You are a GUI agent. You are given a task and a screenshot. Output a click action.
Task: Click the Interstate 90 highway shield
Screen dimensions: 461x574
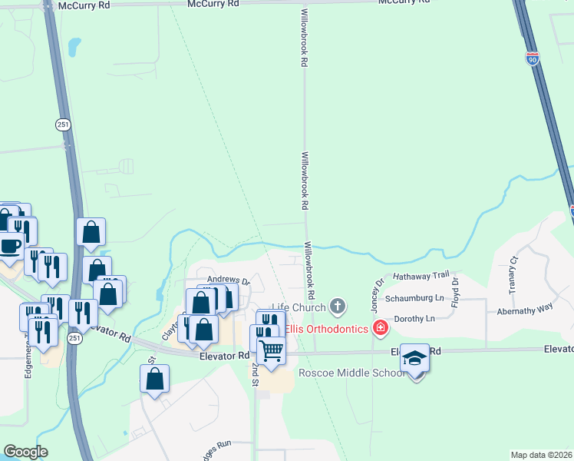[533, 58]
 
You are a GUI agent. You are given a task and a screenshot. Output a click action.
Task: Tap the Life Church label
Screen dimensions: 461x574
[299, 307]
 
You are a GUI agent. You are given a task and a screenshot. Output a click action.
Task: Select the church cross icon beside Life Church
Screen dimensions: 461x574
[337, 307]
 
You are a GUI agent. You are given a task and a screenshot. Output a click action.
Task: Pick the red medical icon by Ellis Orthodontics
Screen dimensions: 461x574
[379, 329]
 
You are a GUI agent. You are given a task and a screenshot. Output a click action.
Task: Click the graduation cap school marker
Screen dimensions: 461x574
[415, 358]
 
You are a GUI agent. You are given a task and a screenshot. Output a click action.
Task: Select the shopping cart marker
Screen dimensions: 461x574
[271, 350]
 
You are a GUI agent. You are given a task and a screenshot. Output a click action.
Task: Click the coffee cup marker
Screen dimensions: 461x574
[10, 245]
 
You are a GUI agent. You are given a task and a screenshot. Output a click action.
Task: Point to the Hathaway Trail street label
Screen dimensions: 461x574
[420, 275]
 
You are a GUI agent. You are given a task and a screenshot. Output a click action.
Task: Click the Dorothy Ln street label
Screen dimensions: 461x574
[414, 318]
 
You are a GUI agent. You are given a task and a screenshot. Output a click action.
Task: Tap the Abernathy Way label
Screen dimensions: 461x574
[524, 307]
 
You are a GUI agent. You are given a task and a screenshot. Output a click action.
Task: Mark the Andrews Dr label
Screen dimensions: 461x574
[228, 281]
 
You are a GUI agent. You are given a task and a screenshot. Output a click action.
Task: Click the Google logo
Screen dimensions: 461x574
[25, 452]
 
